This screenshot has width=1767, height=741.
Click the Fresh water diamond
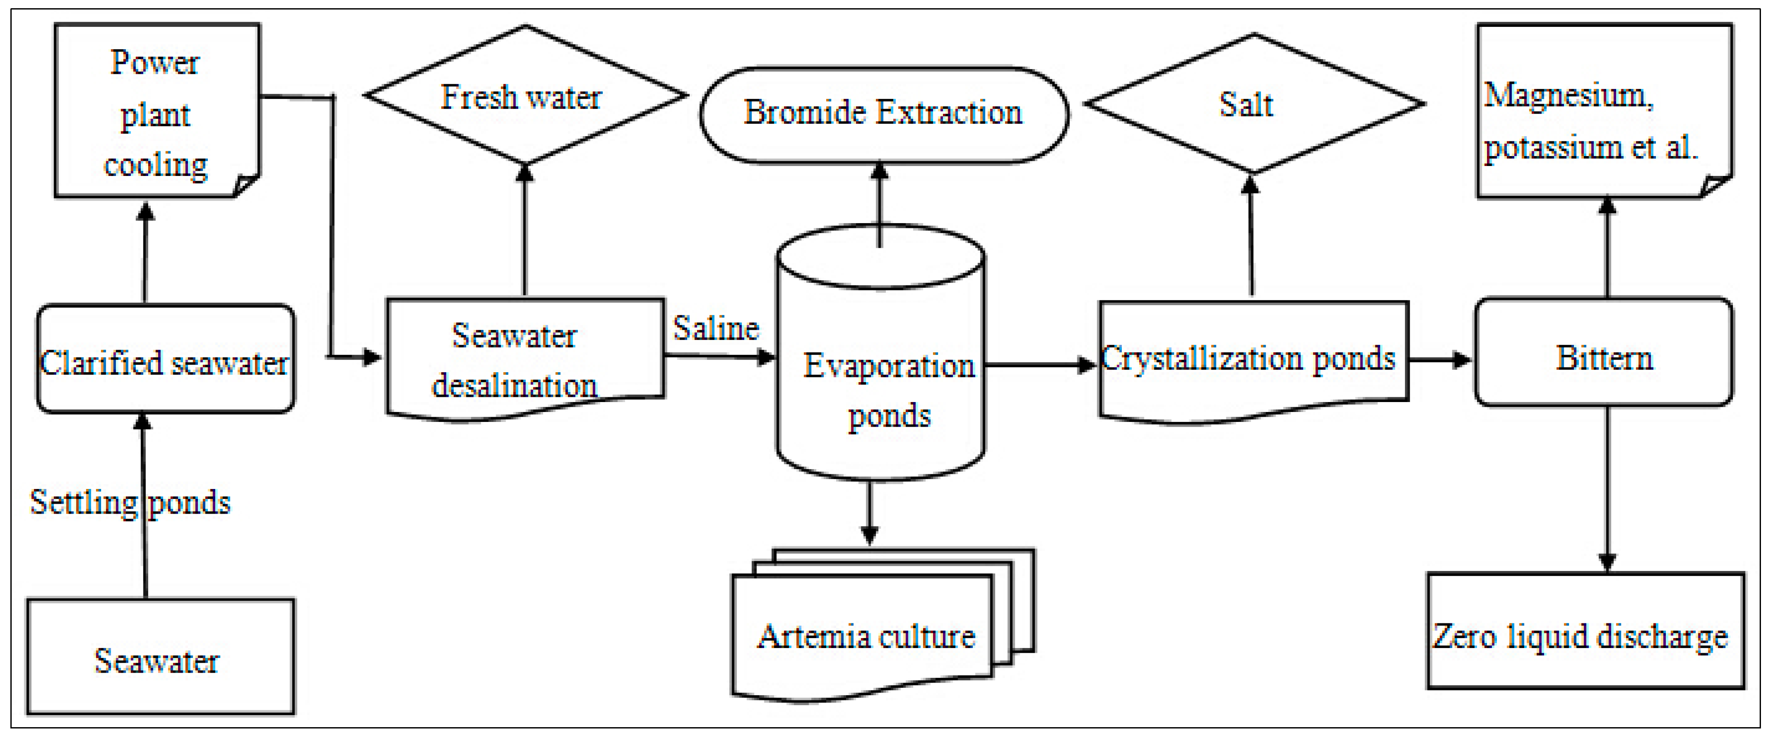(525, 96)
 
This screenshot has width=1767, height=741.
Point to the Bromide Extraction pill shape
(883, 114)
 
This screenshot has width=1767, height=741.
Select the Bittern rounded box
(1604, 353)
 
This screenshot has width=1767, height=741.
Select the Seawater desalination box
(525, 357)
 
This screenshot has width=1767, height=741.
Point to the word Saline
(716, 328)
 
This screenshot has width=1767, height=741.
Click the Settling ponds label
(131, 502)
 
